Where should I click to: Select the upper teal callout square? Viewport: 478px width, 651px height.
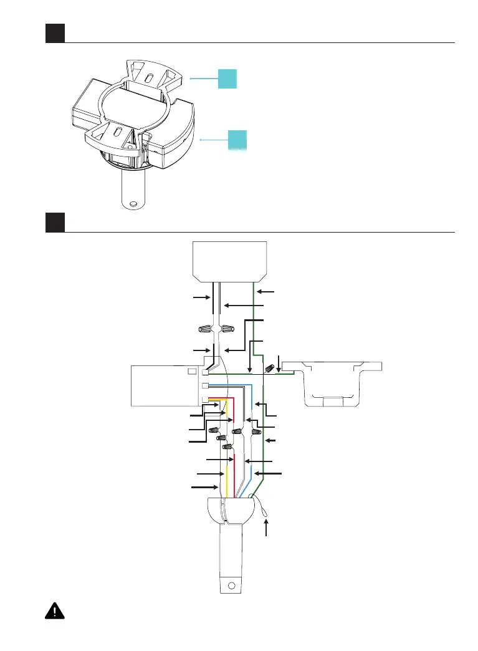coord(227,79)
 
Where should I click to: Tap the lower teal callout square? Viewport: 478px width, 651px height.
coord(237,140)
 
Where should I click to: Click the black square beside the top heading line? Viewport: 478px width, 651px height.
coord(55,34)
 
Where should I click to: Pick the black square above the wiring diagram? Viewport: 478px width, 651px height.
coord(55,222)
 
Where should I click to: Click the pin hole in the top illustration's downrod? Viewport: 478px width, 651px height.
coord(132,203)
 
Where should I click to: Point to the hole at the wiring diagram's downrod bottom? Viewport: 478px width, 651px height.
coord(231,586)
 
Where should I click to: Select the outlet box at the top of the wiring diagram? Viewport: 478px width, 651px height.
coord(229,260)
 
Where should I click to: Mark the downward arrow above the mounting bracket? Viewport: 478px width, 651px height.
coord(278,362)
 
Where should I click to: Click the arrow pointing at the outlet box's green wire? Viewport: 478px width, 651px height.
coord(265,291)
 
